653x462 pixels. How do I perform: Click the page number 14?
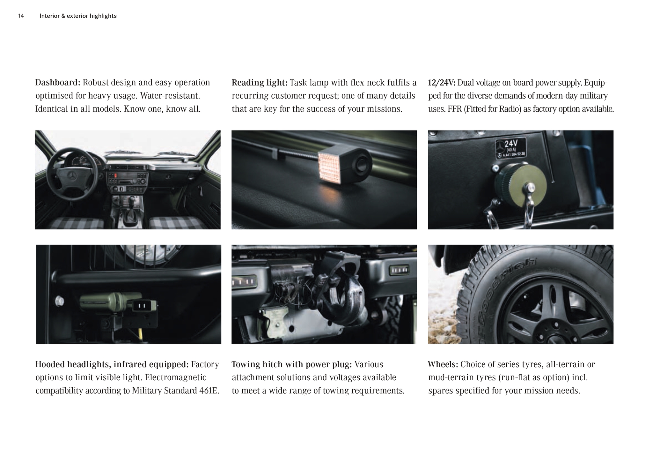(x=21, y=16)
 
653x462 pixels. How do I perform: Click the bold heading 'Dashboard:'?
(x=58, y=83)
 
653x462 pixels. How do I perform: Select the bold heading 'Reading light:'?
(x=260, y=83)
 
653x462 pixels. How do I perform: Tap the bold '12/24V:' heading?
(x=442, y=83)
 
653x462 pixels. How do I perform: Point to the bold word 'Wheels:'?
(x=443, y=364)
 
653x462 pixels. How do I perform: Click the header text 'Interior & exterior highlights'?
(x=78, y=16)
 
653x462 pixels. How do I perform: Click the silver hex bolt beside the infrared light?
(x=60, y=301)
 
